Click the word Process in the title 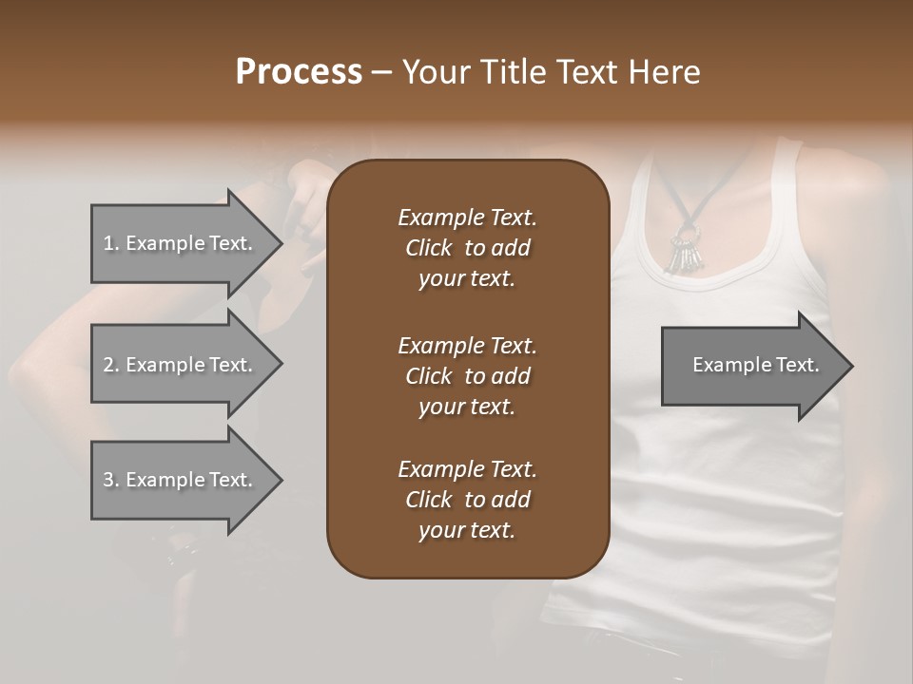tap(299, 72)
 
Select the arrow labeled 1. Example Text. tap(181, 243)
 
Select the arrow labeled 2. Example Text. tap(181, 365)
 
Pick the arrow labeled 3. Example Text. tap(181, 480)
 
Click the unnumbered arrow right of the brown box tap(751, 366)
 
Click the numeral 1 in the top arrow tap(107, 243)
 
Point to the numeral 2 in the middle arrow tap(108, 365)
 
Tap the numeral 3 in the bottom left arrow tap(108, 480)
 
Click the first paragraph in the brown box tap(467, 248)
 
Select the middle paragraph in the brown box tap(467, 376)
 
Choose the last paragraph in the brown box tap(467, 500)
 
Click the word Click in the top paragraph tap(429, 248)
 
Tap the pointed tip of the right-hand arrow tap(849, 366)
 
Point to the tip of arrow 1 tap(279, 243)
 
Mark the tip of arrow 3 tap(279, 480)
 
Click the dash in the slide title tap(381, 72)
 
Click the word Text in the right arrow tap(799, 365)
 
